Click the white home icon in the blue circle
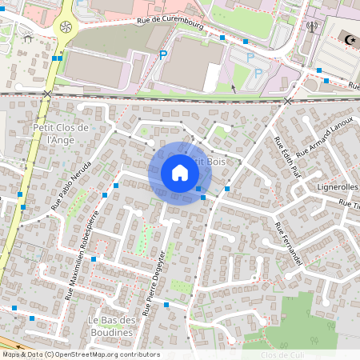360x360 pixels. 180,173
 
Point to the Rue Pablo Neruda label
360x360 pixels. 71,185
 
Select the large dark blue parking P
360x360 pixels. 163,55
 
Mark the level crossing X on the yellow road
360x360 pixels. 47,94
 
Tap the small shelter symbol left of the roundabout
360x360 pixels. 28,37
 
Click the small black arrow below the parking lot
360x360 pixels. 233,89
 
